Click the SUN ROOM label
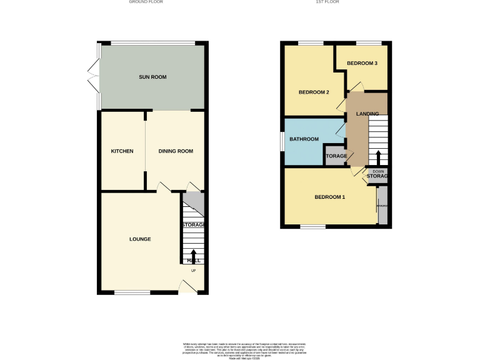click(152, 77)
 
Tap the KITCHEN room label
click(122, 151)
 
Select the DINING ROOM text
click(175, 151)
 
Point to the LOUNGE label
click(140, 239)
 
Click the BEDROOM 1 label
click(329, 197)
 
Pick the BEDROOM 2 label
click(313, 92)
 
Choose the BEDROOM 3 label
click(362, 63)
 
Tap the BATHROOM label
click(304, 139)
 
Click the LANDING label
click(367, 114)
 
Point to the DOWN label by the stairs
click(378, 171)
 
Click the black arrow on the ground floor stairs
click(193, 255)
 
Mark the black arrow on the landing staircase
click(377, 156)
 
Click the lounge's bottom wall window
click(132, 292)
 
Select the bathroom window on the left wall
click(282, 141)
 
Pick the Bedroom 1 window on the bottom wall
click(312, 226)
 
